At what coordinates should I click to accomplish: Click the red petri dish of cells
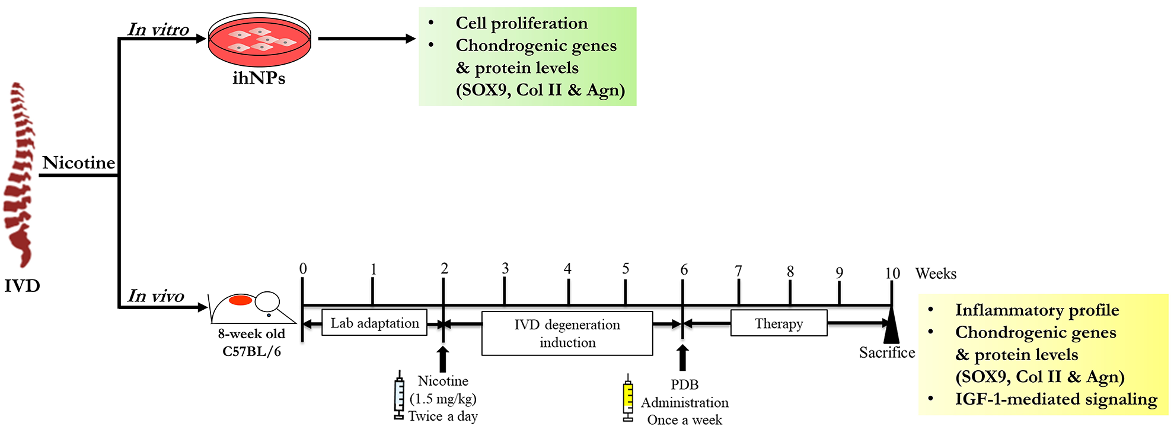click(x=260, y=40)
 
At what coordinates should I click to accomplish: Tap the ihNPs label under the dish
click(x=259, y=78)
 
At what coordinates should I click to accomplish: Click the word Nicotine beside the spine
click(x=79, y=163)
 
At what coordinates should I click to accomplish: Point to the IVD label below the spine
click(x=23, y=286)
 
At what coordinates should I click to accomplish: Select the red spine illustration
click(x=19, y=175)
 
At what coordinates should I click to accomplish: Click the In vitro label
click(x=158, y=30)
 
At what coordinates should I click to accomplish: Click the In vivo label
click(x=156, y=296)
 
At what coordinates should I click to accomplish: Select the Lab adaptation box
click(x=375, y=323)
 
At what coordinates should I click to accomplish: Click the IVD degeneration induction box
click(x=567, y=333)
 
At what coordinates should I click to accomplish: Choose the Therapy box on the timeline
click(x=779, y=323)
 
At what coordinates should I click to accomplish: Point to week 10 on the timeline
click(x=892, y=274)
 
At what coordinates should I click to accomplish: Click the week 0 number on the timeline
click(x=303, y=269)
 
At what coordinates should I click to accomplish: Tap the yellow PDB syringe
click(x=628, y=398)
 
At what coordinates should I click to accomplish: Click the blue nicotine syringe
click(x=400, y=395)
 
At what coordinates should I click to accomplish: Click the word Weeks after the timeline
click(x=936, y=274)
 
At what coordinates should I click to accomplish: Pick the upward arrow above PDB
click(x=682, y=358)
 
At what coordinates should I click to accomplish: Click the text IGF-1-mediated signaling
click(x=1056, y=399)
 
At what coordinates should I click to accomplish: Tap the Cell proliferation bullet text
click(x=522, y=23)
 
